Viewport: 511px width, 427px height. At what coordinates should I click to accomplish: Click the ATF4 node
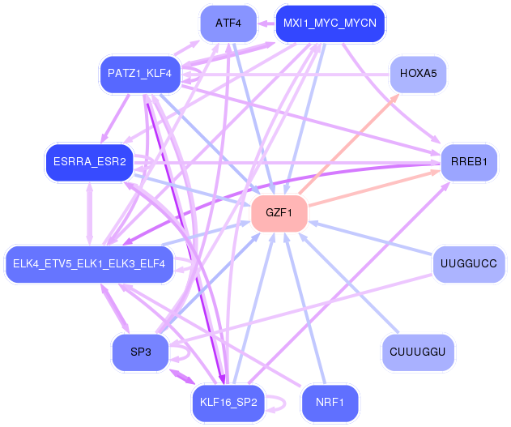[x=228, y=23]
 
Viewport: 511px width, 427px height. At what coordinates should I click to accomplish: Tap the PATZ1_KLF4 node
[x=139, y=74]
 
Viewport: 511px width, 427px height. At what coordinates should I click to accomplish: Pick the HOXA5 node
[x=418, y=74]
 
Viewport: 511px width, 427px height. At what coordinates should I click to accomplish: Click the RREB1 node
[x=469, y=162]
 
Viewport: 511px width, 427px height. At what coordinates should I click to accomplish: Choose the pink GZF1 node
[x=279, y=213]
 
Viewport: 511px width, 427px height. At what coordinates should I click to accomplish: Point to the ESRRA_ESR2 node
[x=89, y=162]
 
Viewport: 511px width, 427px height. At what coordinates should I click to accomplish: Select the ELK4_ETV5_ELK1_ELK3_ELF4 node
[x=89, y=263]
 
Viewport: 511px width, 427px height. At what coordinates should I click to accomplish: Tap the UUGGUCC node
[x=469, y=263]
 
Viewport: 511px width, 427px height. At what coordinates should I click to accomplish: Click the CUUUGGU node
[x=418, y=352]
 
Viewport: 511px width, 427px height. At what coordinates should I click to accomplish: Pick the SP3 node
[x=139, y=352]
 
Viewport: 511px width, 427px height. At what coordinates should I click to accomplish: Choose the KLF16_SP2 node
[x=228, y=402]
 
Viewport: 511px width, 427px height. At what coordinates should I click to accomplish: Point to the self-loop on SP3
[x=183, y=352]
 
